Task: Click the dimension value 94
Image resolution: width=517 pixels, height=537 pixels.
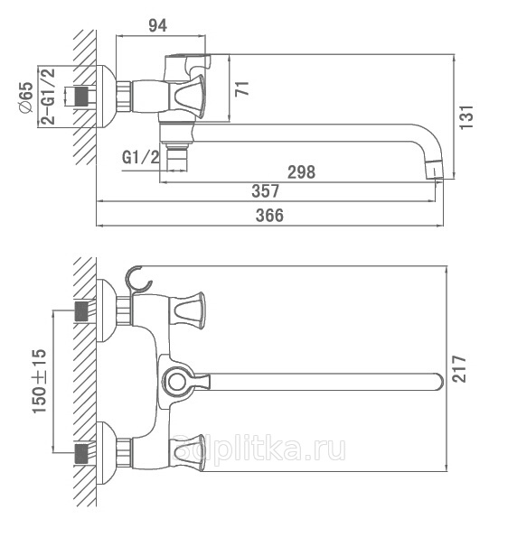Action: coord(158,25)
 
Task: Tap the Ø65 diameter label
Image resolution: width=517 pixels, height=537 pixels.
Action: coord(26,97)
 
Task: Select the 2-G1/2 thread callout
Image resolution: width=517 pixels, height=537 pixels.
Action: coord(48,97)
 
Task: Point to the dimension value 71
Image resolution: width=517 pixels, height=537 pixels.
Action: coord(242,88)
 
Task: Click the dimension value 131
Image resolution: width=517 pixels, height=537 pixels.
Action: coord(466,116)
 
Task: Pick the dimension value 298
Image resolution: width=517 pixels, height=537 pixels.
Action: coord(301,171)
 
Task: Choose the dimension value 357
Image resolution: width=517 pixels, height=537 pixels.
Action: coord(266,191)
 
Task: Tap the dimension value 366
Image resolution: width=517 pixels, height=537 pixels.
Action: coord(269,216)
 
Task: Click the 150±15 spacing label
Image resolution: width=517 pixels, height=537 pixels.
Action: coord(40,381)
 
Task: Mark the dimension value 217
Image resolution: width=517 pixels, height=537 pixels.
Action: coord(459,368)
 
